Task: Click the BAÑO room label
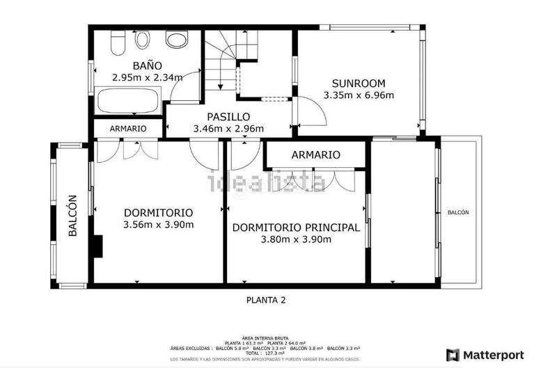(147, 66)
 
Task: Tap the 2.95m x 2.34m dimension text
(147, 78)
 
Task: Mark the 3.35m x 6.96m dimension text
(359, 95)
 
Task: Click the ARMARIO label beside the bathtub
(127, 129)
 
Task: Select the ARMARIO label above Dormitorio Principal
(315, 154)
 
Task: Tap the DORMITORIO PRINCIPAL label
(296, 228)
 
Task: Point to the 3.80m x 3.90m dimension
(296, 239)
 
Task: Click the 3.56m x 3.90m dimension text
(158, 224)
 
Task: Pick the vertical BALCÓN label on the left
(72, 216)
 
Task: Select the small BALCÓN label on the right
(457, 213)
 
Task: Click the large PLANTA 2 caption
(267, 301)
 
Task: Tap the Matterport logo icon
(453, 355)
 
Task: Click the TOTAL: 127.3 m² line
(276, 353)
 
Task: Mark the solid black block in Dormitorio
(99, 246)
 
